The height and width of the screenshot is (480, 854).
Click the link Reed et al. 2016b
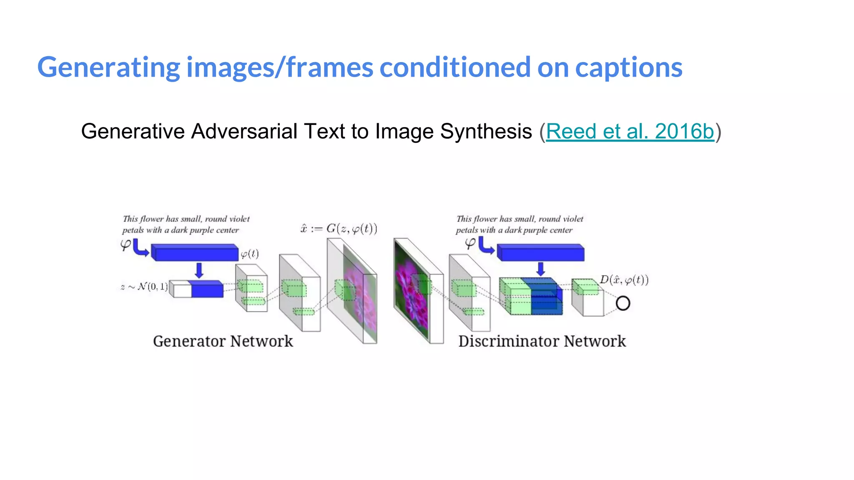(630, 132)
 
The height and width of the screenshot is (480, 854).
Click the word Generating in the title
(108, 67)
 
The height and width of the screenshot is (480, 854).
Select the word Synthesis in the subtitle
(486, 132)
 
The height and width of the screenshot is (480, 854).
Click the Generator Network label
(223, 341)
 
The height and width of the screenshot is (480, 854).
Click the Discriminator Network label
(542, 341)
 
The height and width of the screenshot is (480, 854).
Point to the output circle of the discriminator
(623, 303)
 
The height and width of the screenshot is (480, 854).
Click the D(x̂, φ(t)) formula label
(624, 280)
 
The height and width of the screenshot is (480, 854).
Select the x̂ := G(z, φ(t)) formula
(339, 229)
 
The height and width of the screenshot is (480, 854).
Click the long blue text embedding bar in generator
(195, 253)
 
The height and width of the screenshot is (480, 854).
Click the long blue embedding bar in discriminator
(540, 253)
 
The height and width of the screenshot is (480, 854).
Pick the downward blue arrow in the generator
(199, 270)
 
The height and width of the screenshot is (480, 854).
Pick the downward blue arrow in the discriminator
(540, 269)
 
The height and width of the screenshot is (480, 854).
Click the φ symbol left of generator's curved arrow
(125, 245)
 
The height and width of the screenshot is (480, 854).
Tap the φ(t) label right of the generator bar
(250, 254)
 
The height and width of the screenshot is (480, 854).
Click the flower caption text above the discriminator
(519, 224)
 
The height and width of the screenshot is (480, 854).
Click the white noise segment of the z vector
(182, 290)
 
